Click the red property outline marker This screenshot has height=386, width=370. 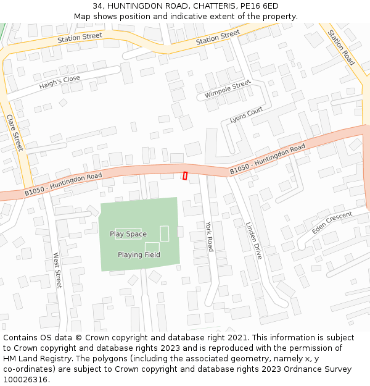185,176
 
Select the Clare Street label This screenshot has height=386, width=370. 14,132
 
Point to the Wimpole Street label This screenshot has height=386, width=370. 228,89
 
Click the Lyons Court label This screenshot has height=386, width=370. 246,114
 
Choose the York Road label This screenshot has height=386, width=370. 209,237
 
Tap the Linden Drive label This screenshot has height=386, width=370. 253,240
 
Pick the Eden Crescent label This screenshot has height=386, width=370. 332,222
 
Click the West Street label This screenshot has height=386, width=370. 57,270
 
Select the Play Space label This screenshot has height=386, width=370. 128,234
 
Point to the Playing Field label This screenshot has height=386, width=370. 139,254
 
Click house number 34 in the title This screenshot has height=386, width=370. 98,6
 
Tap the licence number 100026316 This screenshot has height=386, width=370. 25,380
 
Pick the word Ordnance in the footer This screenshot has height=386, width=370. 300,369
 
